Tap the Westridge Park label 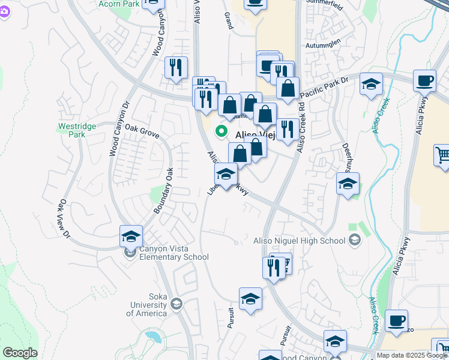(72, 131)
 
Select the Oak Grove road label (142, 131)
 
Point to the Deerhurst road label (347, 153)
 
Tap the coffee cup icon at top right (424, 80)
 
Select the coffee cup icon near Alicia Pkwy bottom (396, 320)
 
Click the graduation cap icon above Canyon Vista (131, 236)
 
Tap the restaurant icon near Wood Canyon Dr (176, 67)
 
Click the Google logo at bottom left (20, 353)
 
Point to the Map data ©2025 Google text (411, 355)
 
